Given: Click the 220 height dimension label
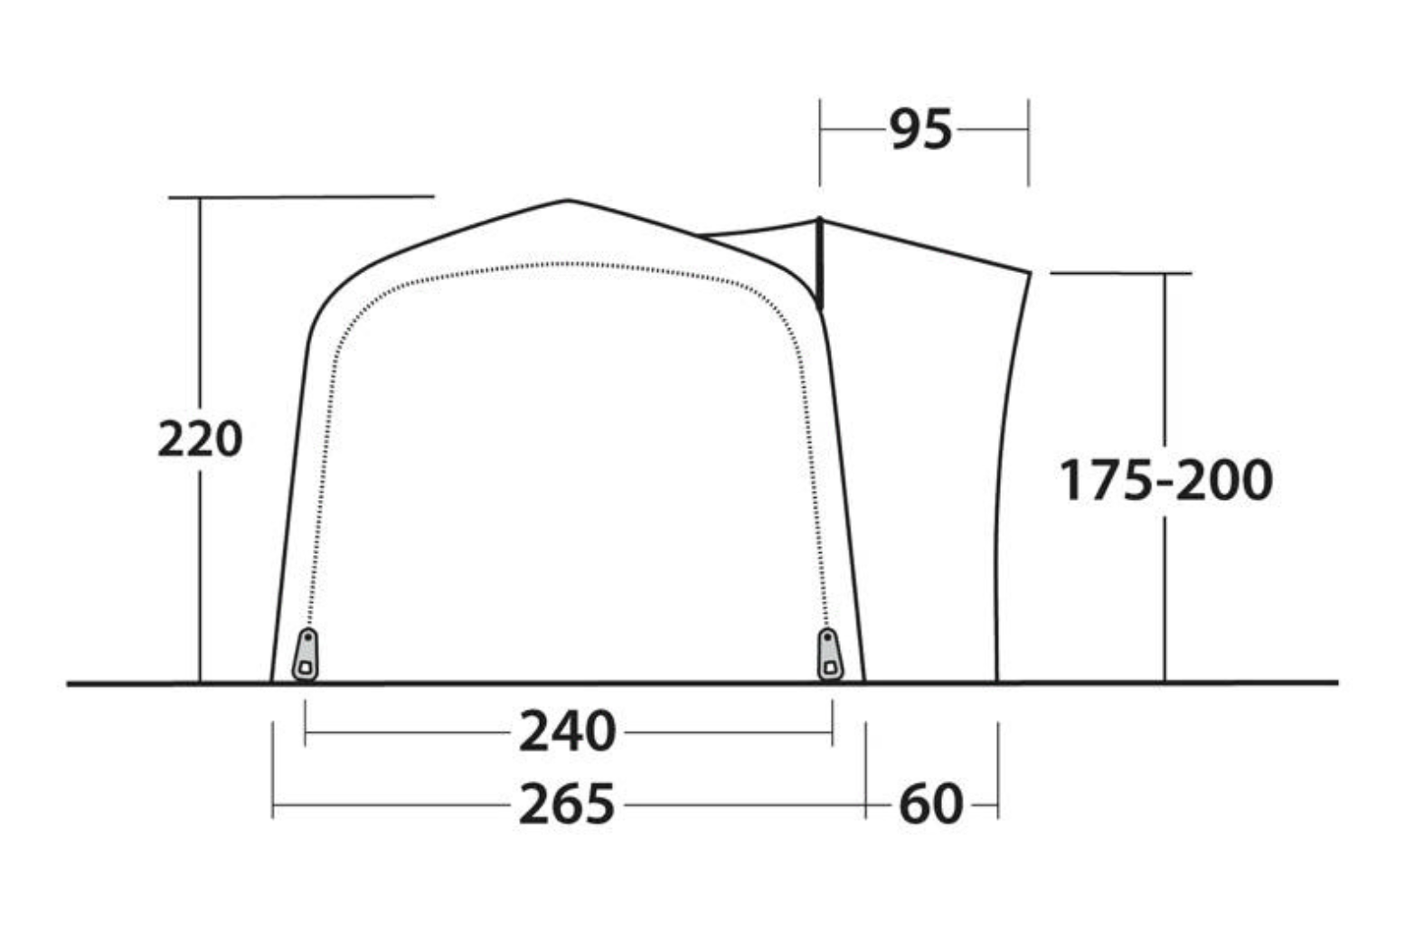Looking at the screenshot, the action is click(200, 438).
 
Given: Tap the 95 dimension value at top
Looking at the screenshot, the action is click(920, 129).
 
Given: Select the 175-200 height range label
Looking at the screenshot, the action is click(1165, 480).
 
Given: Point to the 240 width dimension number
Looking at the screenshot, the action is click(568, 731).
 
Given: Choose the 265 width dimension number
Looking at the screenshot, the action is click(568, 804).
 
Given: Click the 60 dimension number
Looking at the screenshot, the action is click(930, 804).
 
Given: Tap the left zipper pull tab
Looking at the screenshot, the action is click(306, 654).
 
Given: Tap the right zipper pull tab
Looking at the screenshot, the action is click(829, 654).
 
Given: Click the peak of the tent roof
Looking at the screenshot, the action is click(568, 201).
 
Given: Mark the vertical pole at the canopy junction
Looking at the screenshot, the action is click(819, 264).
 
